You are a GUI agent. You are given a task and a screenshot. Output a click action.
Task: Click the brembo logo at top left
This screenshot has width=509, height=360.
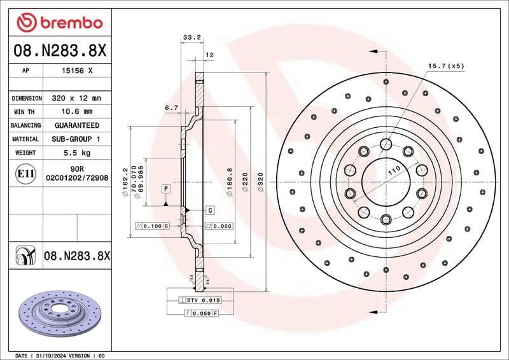(x=59, y=23)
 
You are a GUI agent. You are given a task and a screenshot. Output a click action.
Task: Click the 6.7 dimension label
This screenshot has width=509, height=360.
(x=171, y=108)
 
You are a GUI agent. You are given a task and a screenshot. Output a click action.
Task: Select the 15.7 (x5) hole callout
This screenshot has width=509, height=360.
(x=445, y=66)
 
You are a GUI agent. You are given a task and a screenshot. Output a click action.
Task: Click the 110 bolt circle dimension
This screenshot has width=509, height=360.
(x=393, y=171)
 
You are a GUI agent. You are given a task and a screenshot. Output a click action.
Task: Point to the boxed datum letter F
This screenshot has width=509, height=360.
(x=165, y=189)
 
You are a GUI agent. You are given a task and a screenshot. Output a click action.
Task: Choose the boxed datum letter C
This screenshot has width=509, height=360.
(x=209, y=210)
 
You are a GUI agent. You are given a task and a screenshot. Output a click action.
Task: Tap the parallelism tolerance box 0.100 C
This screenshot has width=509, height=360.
(x=152, y=226)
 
